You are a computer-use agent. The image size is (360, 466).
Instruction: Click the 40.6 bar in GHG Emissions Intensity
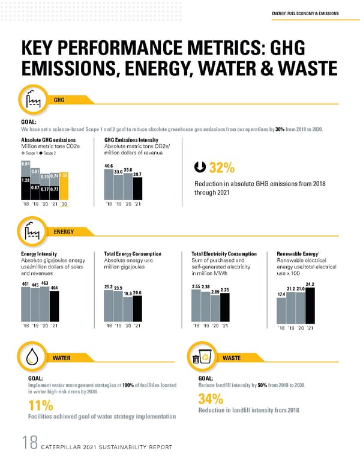(x=109, y=183)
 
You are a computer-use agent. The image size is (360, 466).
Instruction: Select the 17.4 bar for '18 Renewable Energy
(x=281, y=310)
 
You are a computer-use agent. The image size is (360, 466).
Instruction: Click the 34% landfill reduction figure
(x=210, y=399)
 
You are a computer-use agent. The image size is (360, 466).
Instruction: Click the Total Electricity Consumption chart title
(x=220, y=254)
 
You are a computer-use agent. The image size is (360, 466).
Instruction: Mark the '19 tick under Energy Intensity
(x=35, y=325)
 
